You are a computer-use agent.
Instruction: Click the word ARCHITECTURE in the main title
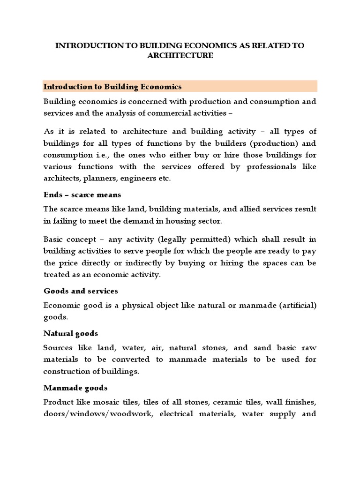point(180,56)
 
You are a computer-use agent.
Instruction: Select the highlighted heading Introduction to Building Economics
point(112,87)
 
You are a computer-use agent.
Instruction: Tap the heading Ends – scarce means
point(82,195)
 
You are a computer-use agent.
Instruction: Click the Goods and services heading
point(81,291)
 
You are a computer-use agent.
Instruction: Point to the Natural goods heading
point(71,333)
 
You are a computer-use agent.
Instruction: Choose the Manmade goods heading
point(75,388)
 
